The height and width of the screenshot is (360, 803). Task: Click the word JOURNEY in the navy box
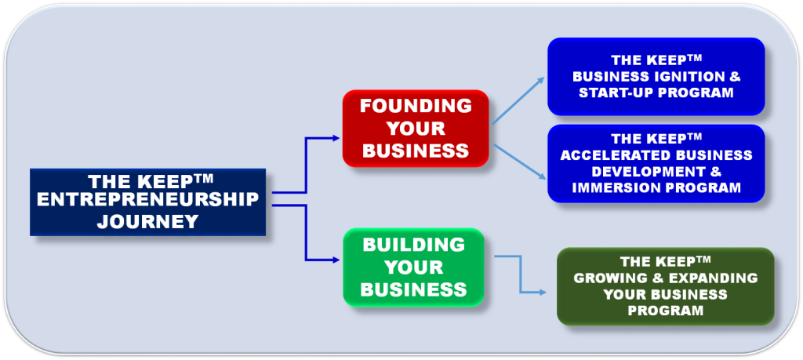click(147, 222)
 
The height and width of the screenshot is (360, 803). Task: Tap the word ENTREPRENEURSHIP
click(147, 201)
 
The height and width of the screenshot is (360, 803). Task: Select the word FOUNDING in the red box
click(416, 106)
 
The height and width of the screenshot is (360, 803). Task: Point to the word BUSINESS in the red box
click(416, 150)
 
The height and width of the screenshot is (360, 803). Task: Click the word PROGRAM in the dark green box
click(665, 311)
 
